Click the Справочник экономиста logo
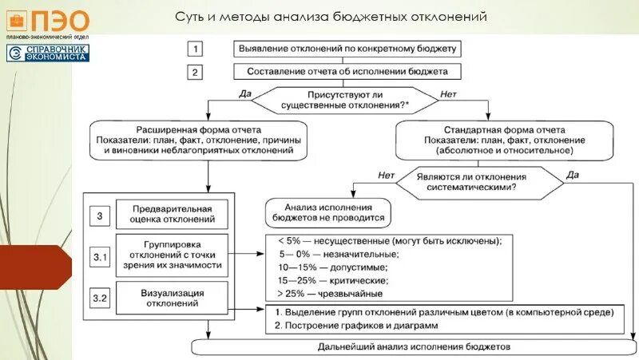(x=49, y=53)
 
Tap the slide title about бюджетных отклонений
(x=331, y=17)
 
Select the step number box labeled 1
(x=196, y=48)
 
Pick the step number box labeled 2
(x=196, y=71)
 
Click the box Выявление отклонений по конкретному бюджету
(x=347, y=48)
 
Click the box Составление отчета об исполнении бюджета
(x=347, y=71)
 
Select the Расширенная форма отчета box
(x=210, y=138)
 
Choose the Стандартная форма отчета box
(x=504, y=138)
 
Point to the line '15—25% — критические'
(x=331, y=280)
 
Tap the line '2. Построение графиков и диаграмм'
(x=357, y=326)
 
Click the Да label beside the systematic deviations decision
(x=572, y=174)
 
